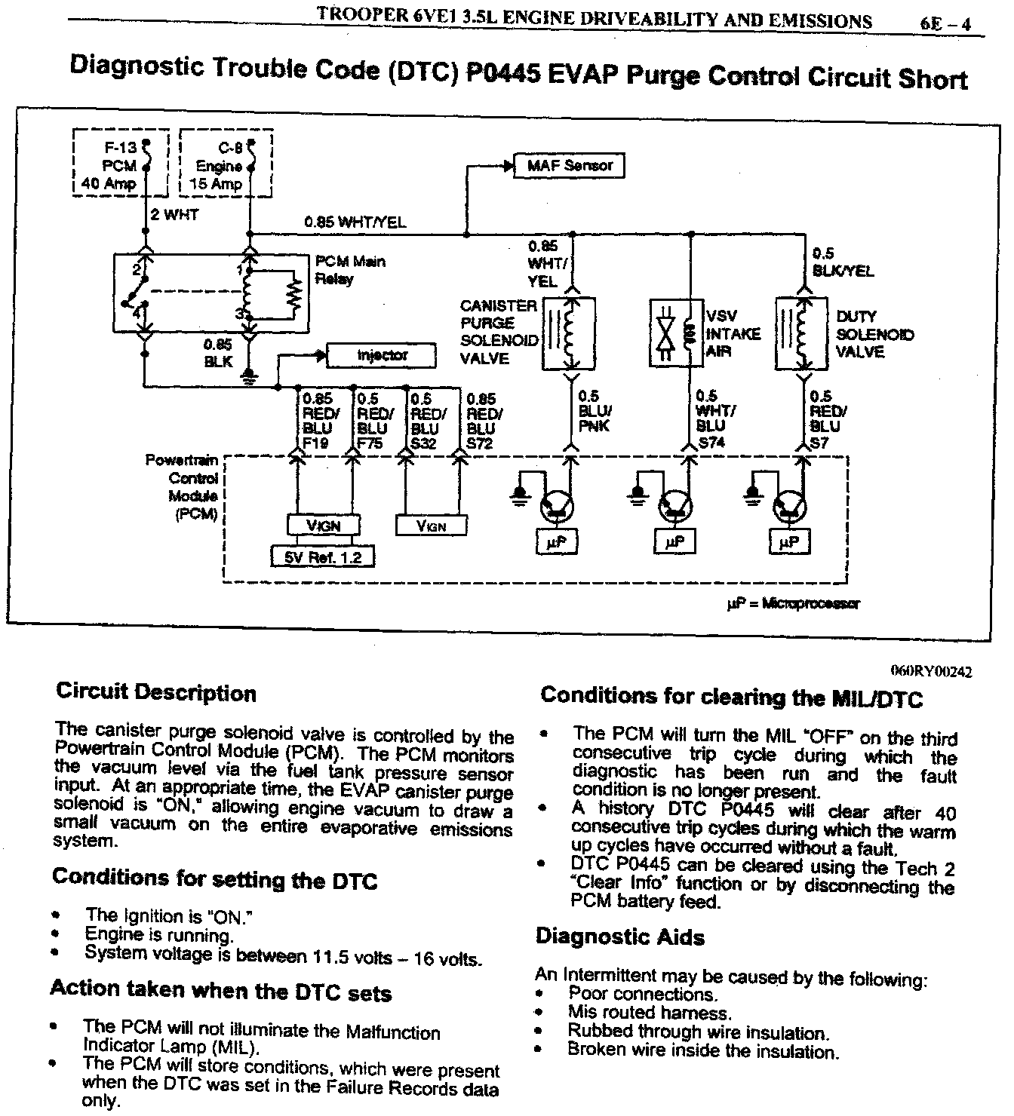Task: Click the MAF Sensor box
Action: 569,165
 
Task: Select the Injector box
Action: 382,355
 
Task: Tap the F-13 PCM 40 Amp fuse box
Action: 120,165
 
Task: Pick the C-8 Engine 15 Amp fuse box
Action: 225,165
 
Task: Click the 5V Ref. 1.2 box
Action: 323,557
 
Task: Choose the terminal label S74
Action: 711,443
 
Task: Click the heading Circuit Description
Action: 156,692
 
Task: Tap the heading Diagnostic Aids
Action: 620,937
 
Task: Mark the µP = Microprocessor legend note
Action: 792,603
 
